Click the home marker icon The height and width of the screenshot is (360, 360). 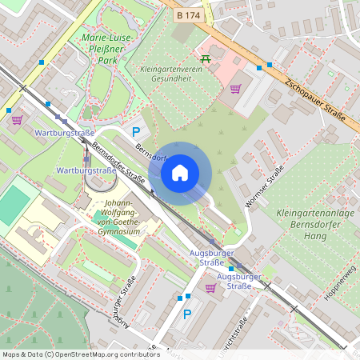(180, 173)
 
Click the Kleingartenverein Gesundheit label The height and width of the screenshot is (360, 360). (170, 74)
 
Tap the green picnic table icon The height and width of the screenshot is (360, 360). (206, 58)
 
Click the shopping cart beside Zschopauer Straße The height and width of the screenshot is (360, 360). (235, 89)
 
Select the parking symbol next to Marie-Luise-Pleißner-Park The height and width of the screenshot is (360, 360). (135, 131)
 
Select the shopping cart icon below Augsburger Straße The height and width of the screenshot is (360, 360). (210, 287)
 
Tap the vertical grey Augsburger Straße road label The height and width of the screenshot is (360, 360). (122, 305)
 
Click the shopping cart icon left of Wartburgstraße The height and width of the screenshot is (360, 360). (17, 120)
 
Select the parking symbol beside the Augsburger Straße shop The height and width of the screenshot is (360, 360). (187, 314)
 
